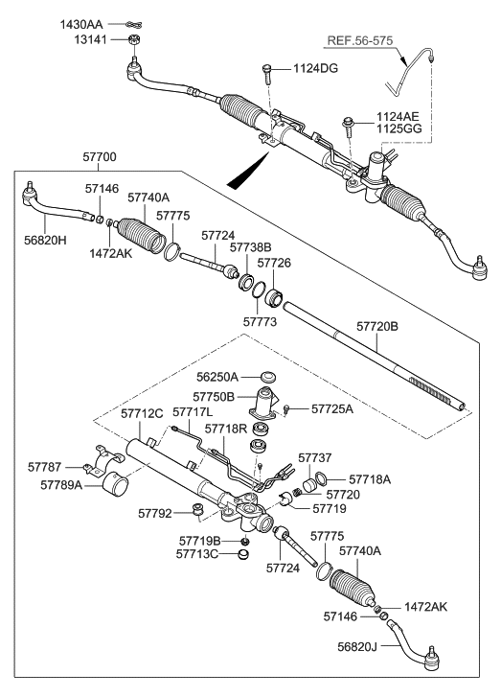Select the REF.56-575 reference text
point(362,41)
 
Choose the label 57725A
point(332,408)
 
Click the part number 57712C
point(143,413)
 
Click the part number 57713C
point(198,553)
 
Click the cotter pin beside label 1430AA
point(133,22)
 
